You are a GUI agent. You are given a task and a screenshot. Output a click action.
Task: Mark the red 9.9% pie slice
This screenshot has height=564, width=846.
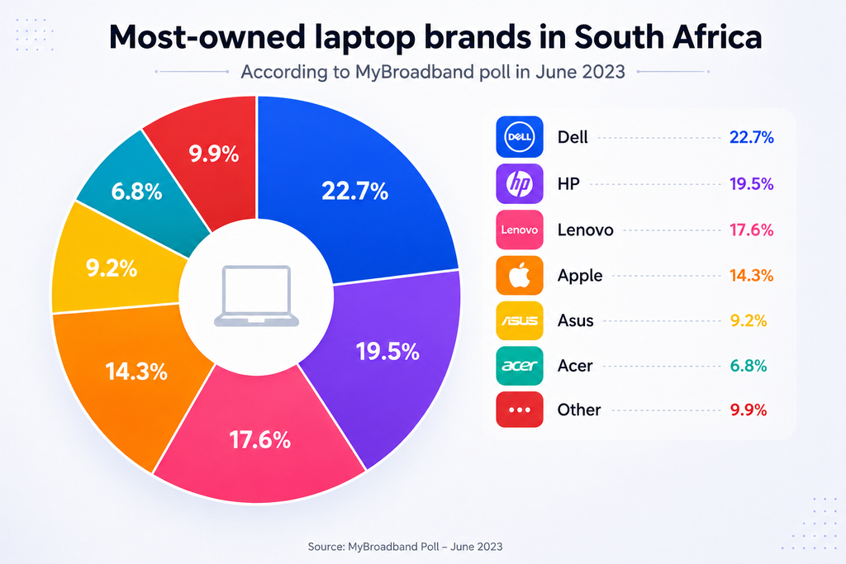click(211, 156)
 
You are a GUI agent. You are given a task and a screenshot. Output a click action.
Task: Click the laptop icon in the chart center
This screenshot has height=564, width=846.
click(256, 296)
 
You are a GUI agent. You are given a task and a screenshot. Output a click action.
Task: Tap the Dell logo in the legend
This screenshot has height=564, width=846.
click(520, 137)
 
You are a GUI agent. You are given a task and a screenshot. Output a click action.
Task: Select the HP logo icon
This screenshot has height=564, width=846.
click(520, 184)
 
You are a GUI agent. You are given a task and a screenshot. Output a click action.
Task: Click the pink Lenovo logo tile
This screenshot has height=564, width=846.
click(520, 230)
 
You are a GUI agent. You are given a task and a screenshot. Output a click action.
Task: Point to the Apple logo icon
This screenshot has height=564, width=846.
click(520, 276)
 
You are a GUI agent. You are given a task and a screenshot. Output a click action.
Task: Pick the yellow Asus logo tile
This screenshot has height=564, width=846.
click(520, 320)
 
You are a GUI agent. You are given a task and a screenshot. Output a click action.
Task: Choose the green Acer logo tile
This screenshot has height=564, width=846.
click(520, 366)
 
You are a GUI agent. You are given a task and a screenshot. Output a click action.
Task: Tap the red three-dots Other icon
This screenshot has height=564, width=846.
click(520, 410)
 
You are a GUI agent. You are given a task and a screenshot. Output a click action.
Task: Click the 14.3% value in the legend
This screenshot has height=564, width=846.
click(752, 276)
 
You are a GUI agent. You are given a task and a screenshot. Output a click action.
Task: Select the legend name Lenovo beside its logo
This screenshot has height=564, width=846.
click(586, 230)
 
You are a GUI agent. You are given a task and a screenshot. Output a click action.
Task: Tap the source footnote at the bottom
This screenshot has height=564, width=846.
click(405, 547)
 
